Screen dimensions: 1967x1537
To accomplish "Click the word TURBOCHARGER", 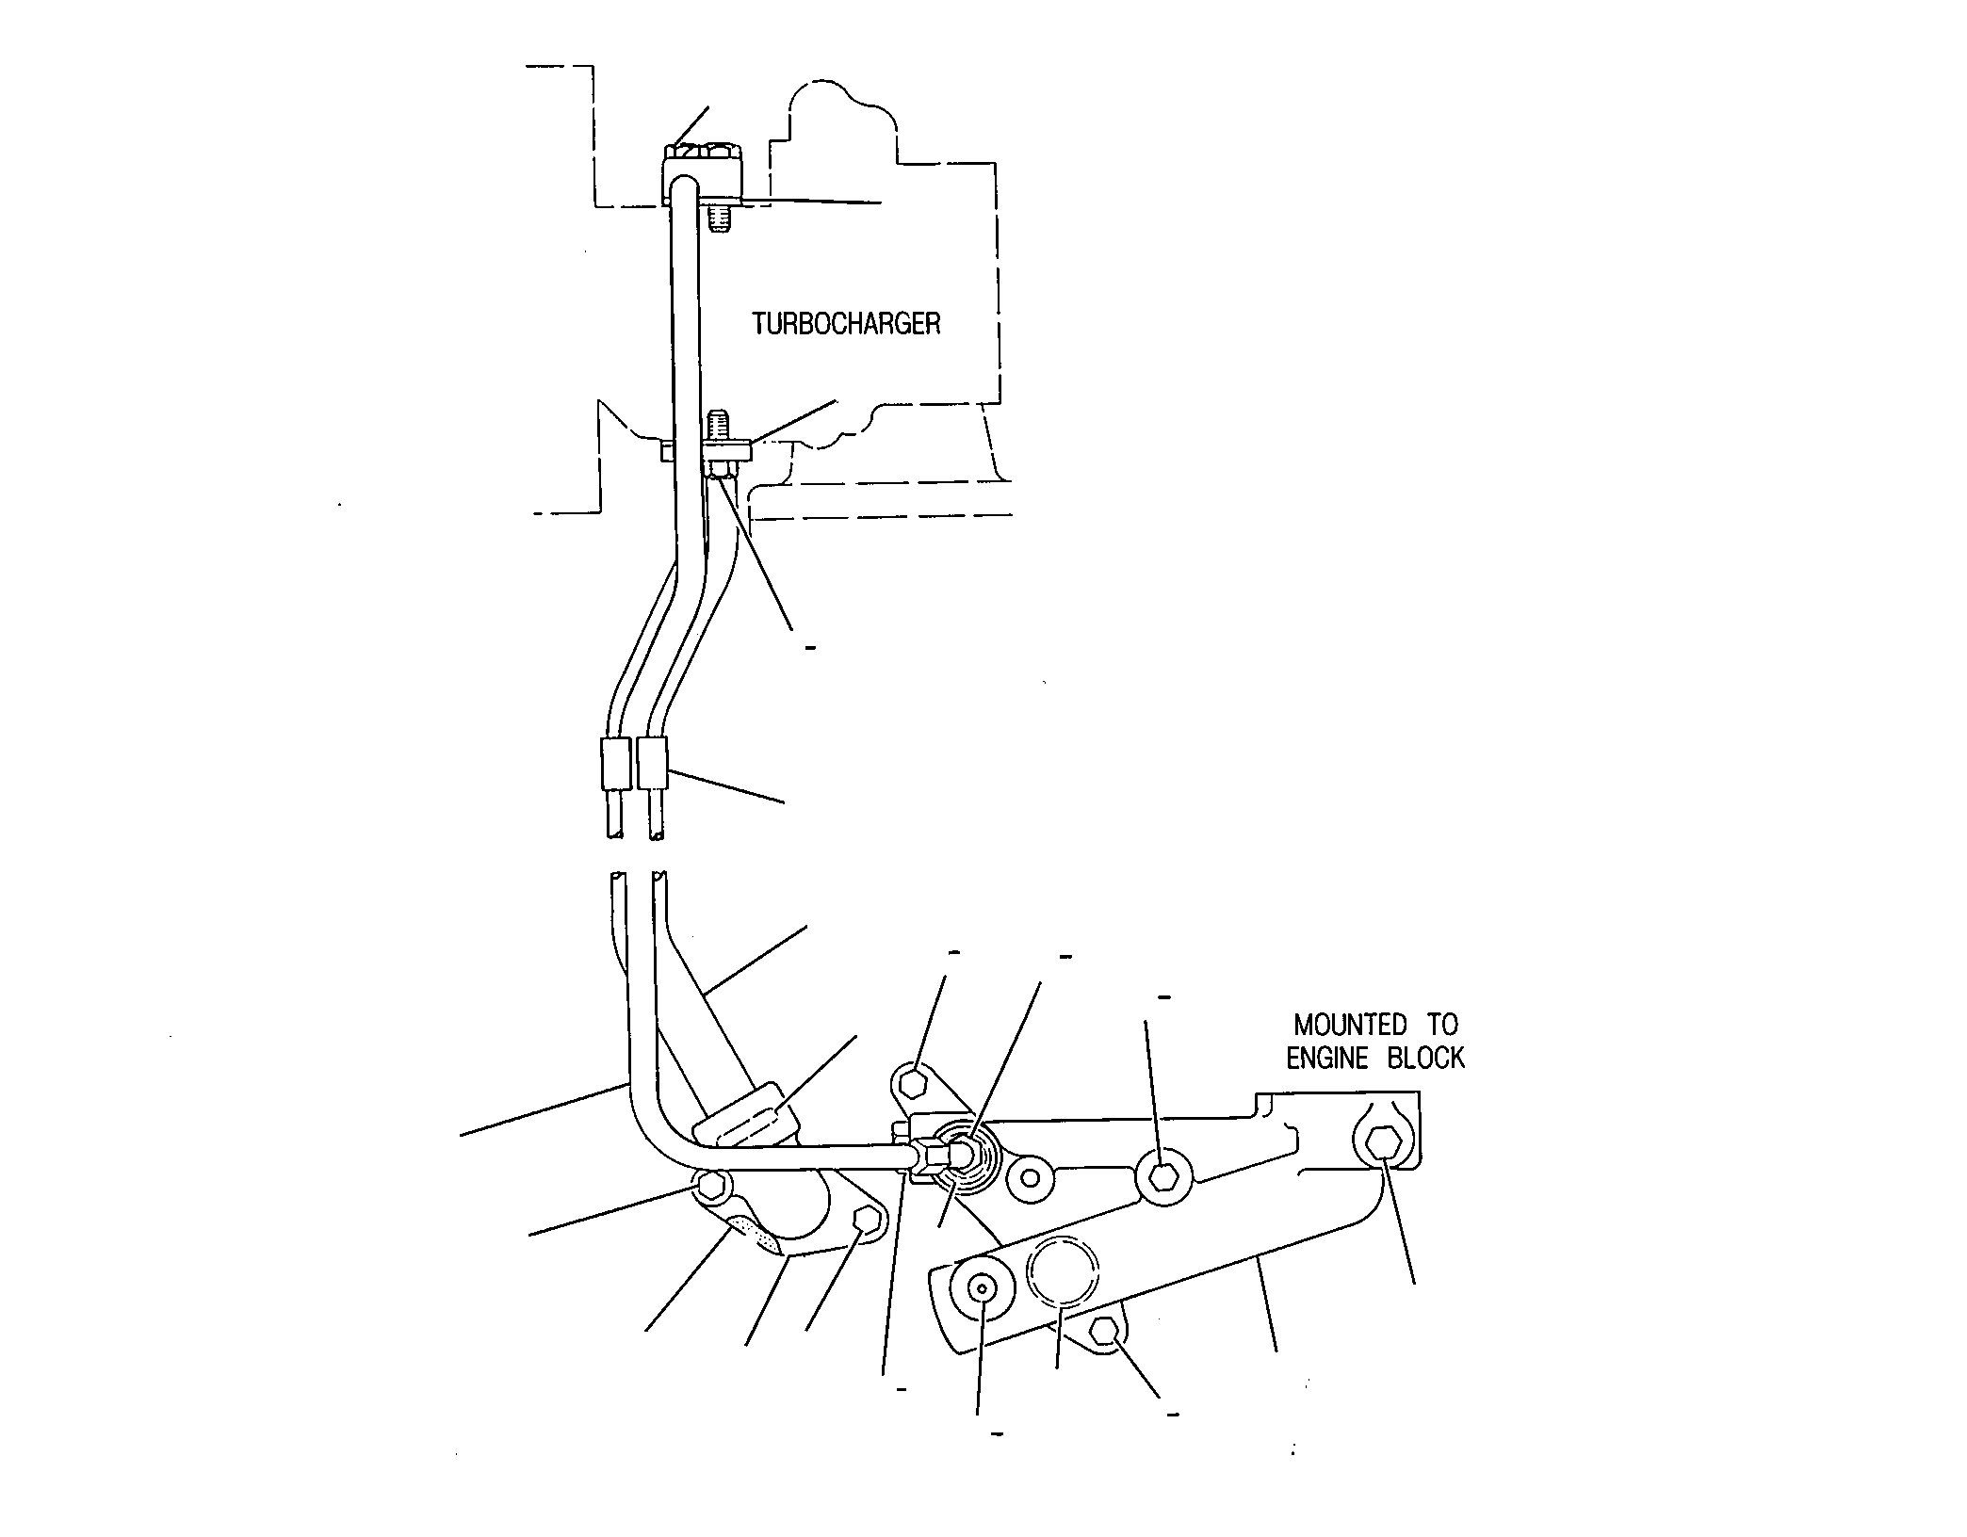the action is (846, 324).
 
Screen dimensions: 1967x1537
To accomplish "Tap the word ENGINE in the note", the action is (1326, 1059).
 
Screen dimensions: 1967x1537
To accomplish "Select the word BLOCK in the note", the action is (1426, 1059).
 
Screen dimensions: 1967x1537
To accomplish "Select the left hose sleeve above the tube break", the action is (615, 764).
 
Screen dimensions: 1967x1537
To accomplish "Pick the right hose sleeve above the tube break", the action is (652, 764).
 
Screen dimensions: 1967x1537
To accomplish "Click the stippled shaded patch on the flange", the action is (758, 1235).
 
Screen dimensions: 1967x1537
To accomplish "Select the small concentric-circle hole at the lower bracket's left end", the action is (982, 1288).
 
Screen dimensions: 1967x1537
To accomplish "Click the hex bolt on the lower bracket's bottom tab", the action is (1106, 1333).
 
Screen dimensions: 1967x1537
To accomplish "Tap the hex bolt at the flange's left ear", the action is (712, 1186).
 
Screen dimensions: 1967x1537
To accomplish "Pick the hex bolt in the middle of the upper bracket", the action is (1164, 1176).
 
